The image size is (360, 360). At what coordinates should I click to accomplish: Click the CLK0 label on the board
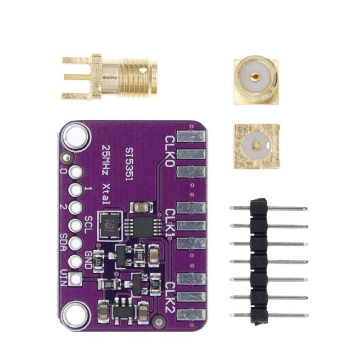[x=170, y=152]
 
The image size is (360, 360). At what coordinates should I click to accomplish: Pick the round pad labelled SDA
[x=76, y=243]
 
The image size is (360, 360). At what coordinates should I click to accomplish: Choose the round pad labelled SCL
[x=76, y=225]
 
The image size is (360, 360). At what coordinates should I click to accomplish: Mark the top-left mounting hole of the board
[x=76, y=135]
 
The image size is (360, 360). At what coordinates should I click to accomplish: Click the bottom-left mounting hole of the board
[x=76, y=314]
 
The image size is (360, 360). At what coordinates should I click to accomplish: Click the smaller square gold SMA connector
[x=255, y=145]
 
